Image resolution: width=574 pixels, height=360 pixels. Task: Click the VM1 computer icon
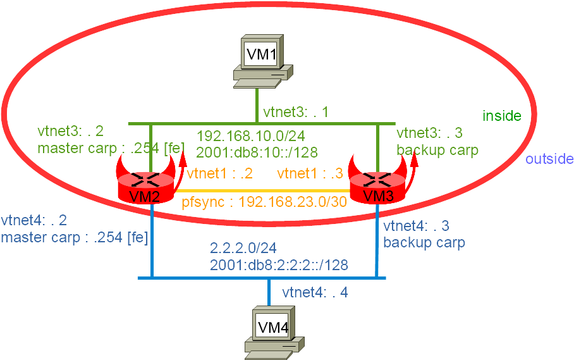coord(263,61)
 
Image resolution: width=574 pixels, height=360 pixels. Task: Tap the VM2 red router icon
coord(146,182)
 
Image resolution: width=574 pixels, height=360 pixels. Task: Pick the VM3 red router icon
coord(379,182)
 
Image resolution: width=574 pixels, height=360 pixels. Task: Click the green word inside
coord(501,116)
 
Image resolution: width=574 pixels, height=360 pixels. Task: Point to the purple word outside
coord(549,159)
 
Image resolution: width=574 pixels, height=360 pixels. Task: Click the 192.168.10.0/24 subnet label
coord(251,136)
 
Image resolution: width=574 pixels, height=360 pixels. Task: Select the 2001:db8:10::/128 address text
coord(257,152)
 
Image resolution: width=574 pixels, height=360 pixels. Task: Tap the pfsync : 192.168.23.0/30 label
coord(264,202)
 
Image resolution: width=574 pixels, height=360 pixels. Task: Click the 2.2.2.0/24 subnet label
coord(243,248)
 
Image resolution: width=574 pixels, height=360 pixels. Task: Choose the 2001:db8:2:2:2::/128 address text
coord(279,265)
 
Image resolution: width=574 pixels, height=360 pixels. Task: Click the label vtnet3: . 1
coord(296,112)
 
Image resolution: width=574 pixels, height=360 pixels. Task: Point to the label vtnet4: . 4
coord(315,292)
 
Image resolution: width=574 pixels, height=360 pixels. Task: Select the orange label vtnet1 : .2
coord(219,173)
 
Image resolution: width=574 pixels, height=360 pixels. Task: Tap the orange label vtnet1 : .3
coord(310,173)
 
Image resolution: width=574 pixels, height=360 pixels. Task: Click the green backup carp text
coord(437,150)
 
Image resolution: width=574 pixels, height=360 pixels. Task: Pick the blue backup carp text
coord(424,242)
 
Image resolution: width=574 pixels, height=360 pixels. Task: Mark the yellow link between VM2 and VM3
coord(262,191)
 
